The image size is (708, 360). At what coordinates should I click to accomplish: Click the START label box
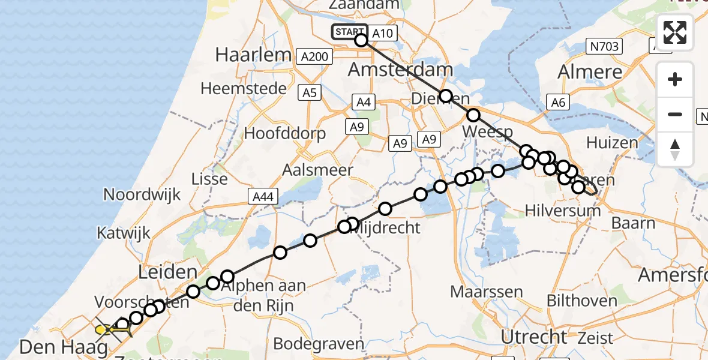point(349,32)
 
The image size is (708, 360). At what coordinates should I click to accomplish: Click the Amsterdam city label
point(400,70)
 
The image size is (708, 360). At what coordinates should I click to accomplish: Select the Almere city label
point(590,72)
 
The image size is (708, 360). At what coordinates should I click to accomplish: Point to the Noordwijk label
point(142,194)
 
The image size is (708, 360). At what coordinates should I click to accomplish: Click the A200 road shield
point(314,56)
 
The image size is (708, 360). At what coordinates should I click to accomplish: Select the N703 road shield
point(604,46)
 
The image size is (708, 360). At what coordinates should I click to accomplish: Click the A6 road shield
point(558,103)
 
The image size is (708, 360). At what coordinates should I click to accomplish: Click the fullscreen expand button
point(675,32)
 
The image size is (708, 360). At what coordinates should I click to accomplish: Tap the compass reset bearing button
point(675,149)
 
